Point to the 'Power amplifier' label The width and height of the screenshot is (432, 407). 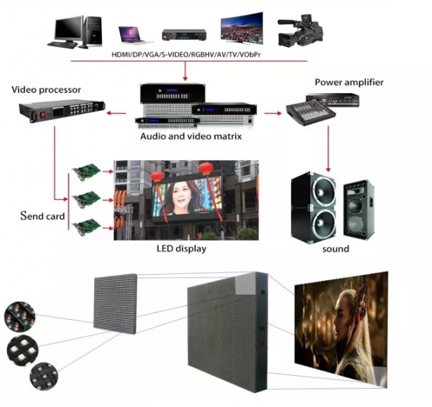(349, 82)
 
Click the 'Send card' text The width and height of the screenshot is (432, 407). (43, 216)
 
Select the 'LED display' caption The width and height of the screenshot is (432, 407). (181, 249)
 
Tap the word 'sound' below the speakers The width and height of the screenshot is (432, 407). (335, 249)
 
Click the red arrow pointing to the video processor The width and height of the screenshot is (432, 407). (115, 113)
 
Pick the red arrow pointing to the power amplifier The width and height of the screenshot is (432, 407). (273, 113)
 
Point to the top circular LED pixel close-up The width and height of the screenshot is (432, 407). (18, 315)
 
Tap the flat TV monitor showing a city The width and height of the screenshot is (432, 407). (241, 29)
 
